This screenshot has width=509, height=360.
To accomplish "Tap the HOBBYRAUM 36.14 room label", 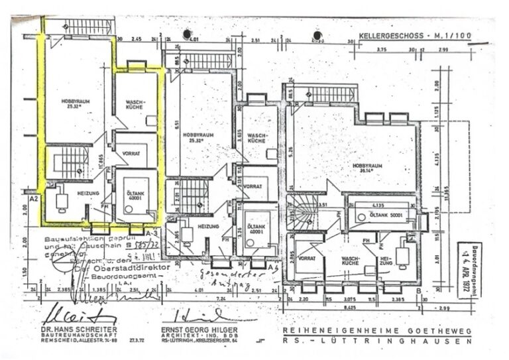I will coord(367,166).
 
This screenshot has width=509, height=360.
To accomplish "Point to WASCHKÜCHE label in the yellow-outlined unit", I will coord(136,106).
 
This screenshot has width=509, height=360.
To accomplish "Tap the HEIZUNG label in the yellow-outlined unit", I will coord(88,193).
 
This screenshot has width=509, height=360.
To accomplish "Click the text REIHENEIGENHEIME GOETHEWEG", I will coord(376,330).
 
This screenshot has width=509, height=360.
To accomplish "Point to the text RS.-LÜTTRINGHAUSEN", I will coord(376,341).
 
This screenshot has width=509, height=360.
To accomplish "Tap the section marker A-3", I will coord(151,233).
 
